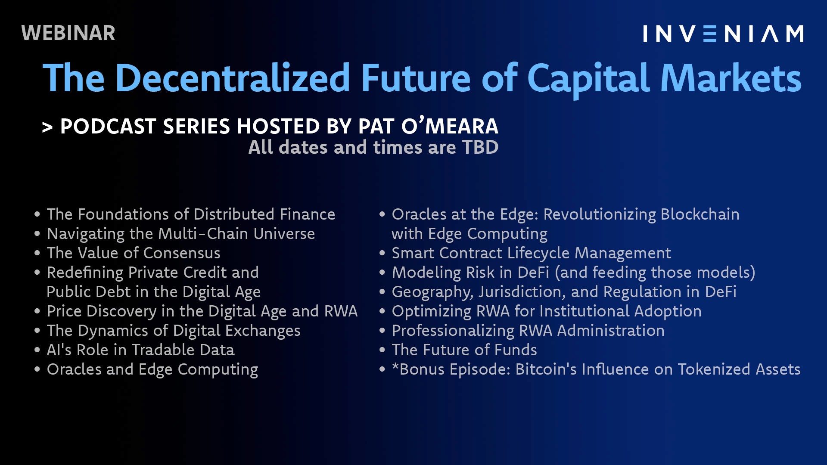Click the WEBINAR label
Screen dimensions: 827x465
tap(68, 33)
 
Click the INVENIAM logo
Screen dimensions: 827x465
tap(723, 34)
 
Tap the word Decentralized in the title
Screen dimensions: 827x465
tap(233, 78)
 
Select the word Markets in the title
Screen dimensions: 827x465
tap(731, 78)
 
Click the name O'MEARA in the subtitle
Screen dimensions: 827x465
tap(450, 126)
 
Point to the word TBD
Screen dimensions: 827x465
tap(480, 147)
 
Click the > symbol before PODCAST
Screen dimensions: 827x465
tap(47, 127)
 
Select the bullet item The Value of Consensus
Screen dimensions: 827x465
tap(134, 253)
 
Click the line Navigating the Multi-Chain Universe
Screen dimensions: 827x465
tap(181, 234)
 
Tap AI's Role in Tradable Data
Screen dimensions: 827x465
tap(140, 350)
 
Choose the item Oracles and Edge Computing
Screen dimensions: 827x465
tap(152, 369)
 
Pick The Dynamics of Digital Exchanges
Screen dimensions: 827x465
tap(174, 331)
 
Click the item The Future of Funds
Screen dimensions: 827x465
tap(464, 350)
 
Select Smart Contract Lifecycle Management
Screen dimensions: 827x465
tap(532, 253)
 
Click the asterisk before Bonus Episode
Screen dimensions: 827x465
tap(395, 366)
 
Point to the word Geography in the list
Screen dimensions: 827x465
tap(432, 292)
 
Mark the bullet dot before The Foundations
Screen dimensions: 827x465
tap(37, 214)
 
